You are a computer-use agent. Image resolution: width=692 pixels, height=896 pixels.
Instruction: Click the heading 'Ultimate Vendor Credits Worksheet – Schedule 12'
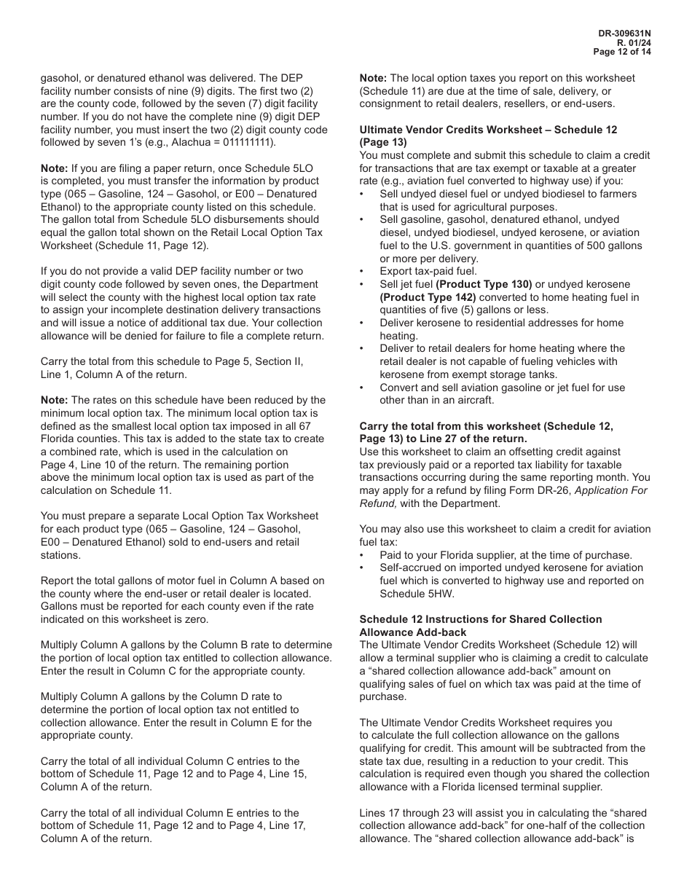(x=488, y=130)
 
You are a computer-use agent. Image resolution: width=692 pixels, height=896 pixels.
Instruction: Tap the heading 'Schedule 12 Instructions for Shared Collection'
(x=481, y=619)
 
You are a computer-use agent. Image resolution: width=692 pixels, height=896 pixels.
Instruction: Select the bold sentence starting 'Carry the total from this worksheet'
(x=486, y=426)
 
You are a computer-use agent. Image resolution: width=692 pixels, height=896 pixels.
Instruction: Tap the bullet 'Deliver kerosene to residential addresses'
(x=501, y=323)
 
